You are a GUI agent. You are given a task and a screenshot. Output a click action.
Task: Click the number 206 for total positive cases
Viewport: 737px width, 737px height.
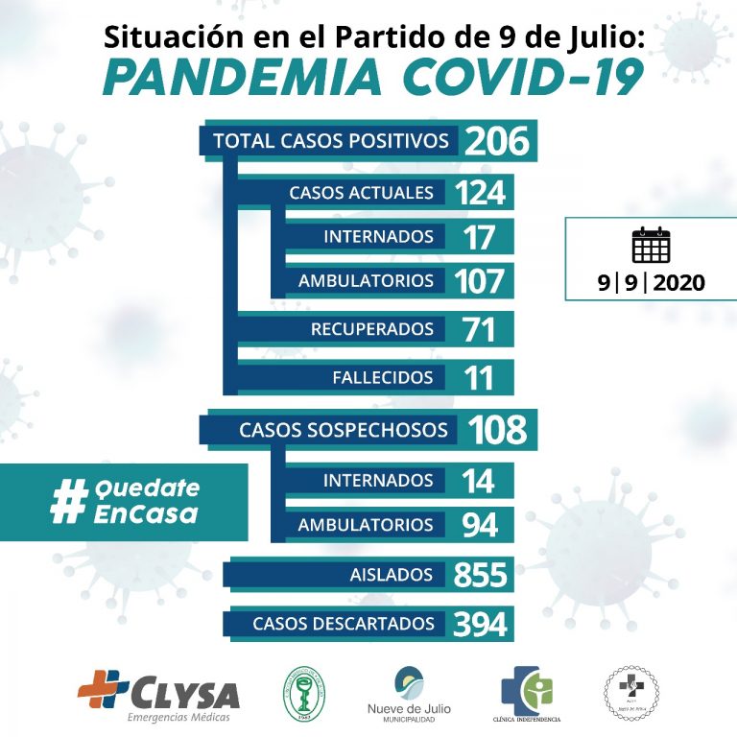[x=497, y=141]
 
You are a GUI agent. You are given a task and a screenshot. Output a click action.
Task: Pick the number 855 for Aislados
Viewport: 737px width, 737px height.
[x=480, y=576]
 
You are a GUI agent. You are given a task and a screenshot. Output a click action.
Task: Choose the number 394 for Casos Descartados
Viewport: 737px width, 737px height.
[x=480, y=625]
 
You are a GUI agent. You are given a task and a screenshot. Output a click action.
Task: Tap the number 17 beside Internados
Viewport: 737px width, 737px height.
[x=478, y=237]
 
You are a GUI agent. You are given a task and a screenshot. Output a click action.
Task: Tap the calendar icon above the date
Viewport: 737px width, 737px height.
[x=651, y=246]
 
